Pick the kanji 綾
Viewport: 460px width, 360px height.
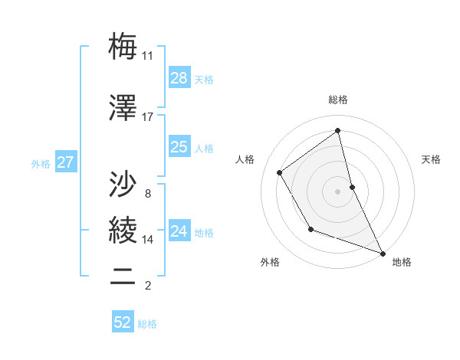[x=123, y=230]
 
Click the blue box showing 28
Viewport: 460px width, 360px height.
[x=179, y=78]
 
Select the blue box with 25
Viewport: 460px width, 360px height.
[x=179, y=147]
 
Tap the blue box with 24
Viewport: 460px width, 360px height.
[x=179, y=231]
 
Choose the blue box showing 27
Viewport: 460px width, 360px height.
[x=65, y=162]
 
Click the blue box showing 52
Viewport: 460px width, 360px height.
[x=123, y=322]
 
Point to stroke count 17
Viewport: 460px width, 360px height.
[x=147, y=117]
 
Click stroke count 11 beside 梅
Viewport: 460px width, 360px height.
[x=147, y=56]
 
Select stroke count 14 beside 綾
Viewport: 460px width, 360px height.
[x=147, y=240]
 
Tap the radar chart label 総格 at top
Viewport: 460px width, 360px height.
[x=338, y=100]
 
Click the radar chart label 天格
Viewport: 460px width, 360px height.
[x=431, y=159]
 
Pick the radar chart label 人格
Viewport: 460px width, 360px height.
[x=245, y=159]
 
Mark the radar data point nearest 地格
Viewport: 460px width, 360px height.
[x=383, y=254]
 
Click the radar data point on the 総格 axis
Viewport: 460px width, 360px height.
[x=338, y=130]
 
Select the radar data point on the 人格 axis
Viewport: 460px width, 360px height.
[x=280, y=173]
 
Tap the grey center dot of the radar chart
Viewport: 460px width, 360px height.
[x=338, y=191]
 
